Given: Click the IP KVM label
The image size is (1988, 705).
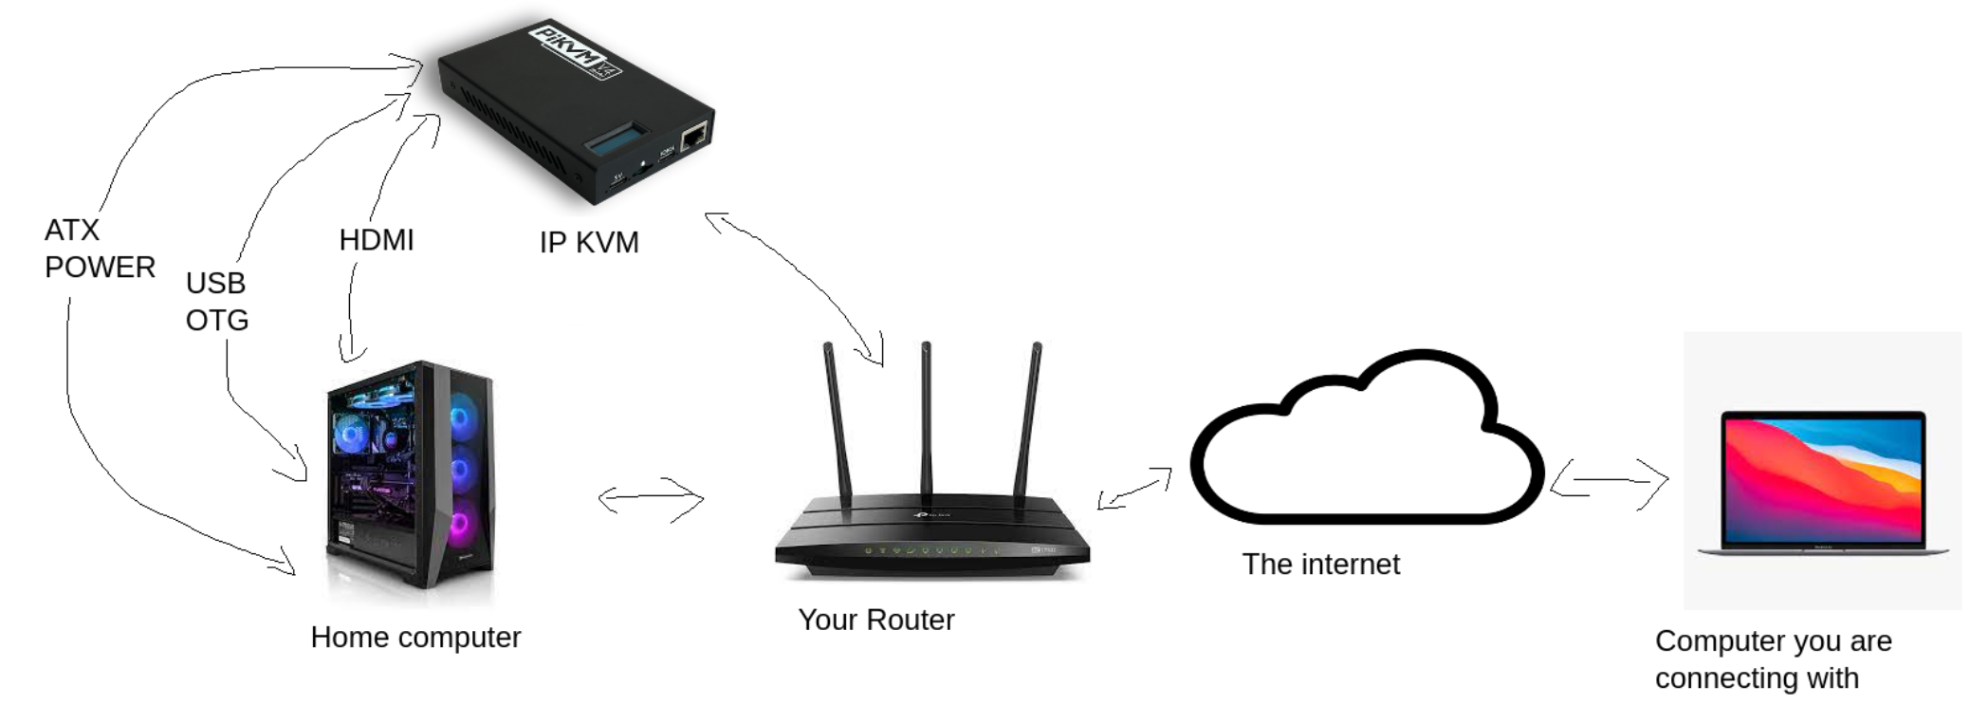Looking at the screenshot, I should pyautogui.click(x=589, y=243).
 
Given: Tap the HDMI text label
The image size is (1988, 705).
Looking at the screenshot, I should pyautogui.click(x=377, y=240).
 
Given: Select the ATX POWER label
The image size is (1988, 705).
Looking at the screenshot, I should pyautogui.click(x=99, y=249).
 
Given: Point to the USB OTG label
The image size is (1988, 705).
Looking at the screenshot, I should pyautogui.click(x=217, y=302).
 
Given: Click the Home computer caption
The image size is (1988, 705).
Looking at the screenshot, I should pyautogui.click(x=415, y=638).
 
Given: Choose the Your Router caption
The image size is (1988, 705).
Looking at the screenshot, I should pyautogui.click(x=875, y=620).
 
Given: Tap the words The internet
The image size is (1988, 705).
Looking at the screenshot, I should pyautogui.click(x=1320, y=565).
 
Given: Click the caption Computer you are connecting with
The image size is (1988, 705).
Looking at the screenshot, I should pyautogui.click(x=1773, y=659).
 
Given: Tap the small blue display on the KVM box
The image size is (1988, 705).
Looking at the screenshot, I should pyautogui.click(x=616, y=140).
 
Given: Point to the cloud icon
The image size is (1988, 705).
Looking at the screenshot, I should pyautogui.click(x=1366, y=441).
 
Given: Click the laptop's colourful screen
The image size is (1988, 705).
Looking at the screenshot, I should pyautogui.click(x=1822, y=480).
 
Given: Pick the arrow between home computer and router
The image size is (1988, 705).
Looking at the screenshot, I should pyautogui.click(x=651, y=499).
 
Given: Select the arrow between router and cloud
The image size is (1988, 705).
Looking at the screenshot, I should pyautogui.click(x=1134, y=488).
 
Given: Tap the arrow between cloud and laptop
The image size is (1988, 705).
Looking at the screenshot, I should pyautogui.click(x=1610, y=481).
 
